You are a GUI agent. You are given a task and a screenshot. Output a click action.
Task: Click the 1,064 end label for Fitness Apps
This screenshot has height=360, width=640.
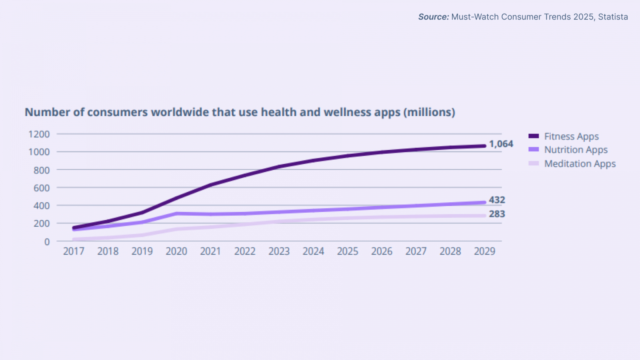tap(501, 144)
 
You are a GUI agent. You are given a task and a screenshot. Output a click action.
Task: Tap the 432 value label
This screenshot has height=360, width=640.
tap(497, 200)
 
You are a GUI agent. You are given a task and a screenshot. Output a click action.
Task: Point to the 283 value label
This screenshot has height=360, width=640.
tap(497, 214)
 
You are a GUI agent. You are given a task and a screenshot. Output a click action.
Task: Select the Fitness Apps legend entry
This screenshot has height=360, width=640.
tap(571, 136)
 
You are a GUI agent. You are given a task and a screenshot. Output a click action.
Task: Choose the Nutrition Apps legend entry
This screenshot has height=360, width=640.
tap(576, 150)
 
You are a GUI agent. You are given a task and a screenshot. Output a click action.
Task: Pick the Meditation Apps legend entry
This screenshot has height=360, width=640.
tap(580, 164)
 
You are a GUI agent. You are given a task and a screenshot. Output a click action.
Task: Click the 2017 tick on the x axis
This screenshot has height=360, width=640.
tap(74, 251)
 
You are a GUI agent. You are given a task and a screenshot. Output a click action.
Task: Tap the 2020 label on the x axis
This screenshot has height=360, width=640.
tap(176, 251)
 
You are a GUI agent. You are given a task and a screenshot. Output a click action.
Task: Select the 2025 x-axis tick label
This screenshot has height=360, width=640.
tap(348, 251)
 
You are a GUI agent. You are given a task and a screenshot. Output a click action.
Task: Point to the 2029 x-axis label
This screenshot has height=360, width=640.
tap(484, 251)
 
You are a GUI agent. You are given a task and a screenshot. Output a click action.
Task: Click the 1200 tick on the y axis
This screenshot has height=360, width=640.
tap(39, 134)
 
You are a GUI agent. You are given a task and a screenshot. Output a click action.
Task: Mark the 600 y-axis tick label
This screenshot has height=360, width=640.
tap(42, 188)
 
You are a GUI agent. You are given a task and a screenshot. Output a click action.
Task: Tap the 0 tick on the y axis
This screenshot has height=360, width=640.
tap(47, 242)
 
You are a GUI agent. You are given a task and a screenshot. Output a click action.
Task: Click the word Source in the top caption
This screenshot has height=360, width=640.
tap(433, 17)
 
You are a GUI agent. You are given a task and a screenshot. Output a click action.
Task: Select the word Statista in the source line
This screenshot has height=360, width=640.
tap(613, 17)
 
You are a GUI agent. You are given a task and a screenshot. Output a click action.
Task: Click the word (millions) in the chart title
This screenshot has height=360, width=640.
tap(429, 112)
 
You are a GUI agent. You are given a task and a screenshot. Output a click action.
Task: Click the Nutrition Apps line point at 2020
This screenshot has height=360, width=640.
tap(176, 214)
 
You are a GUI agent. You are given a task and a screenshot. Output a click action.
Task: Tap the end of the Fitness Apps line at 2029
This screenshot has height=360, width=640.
tap(484, 146)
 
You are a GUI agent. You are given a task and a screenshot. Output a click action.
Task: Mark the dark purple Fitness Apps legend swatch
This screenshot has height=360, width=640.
tap(534, 136)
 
